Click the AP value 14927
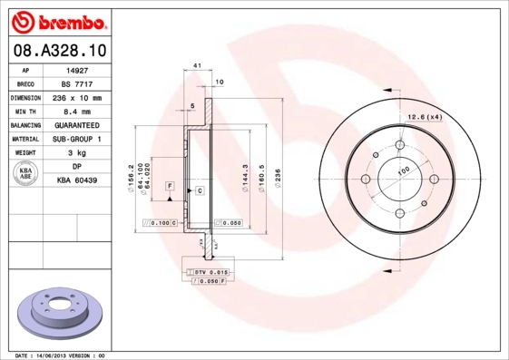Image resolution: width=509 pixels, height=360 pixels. [77, 69]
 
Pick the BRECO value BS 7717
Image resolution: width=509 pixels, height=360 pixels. [77, 83]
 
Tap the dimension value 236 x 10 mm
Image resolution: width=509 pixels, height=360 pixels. [77, 97]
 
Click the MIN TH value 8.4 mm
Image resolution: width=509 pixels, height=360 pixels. [77, 111]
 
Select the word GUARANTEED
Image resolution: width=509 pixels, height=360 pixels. [77, 124]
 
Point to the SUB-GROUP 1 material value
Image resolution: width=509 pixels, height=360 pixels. [77, 139]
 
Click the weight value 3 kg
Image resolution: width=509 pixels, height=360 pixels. [77, 153]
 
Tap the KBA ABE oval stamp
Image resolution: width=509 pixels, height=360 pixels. [26, 174]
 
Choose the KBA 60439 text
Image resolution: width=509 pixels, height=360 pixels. [77, 181]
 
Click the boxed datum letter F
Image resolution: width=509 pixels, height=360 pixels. [169, 185]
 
